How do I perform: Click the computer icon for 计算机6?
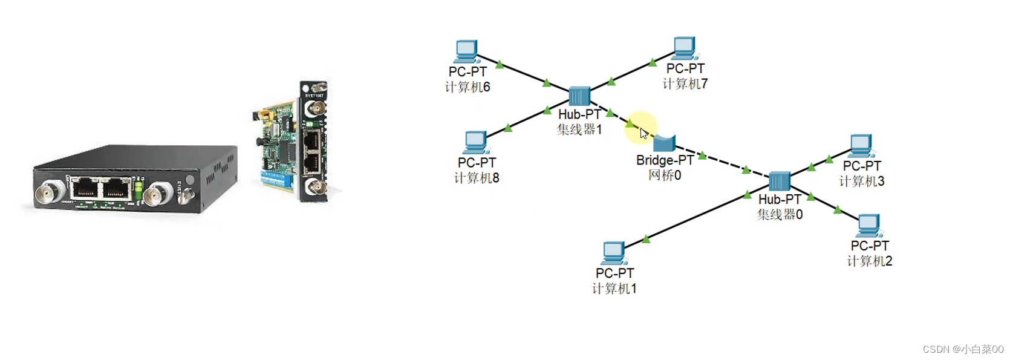(x=466, y=51)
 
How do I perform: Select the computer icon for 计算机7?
(x=684, y=48)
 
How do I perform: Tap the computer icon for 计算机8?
(x=476, y=143)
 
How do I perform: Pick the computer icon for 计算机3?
(x=861, y=146)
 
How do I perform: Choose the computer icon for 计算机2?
(x=869, y=226)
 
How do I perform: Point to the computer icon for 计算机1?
(x=614, y=253)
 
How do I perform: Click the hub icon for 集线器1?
(x=579, y=96)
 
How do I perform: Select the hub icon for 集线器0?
(x=779, y=181)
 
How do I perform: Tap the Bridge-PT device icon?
(x=664, y=143)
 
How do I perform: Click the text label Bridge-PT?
(x=665, y=160)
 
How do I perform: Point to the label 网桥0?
(x=665, y=175)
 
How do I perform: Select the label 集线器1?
(x=579, y=129)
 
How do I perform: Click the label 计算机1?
(x=614, y=289)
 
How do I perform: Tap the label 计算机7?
(x=685, y=83)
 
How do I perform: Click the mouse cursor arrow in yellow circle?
(x=643, y=133)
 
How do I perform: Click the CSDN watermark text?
(x=963, y=349)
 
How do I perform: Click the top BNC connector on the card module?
(x=315, y=109)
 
